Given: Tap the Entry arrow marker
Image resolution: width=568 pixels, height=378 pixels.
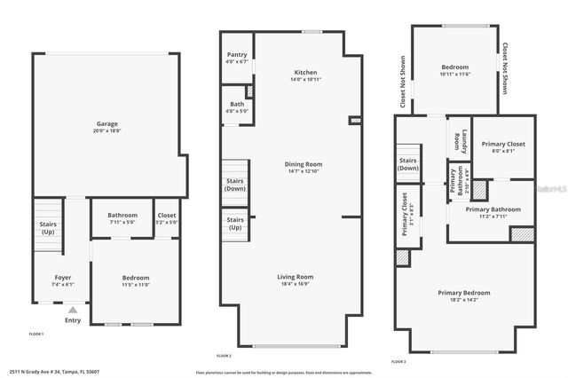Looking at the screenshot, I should click(72, 310).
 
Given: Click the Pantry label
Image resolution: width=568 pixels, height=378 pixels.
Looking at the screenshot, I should click(237, 58).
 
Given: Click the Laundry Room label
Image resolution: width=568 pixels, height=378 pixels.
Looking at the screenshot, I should click(458, 140).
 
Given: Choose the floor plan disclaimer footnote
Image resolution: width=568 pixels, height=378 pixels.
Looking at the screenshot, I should click(283, 372).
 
